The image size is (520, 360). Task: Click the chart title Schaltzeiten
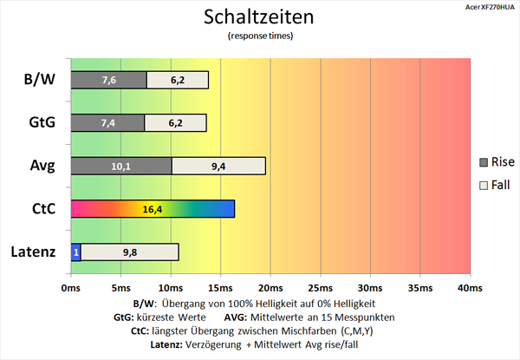pyautogui.click(x=259, y=17)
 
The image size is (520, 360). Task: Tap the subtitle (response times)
pyautogui.click(x=260, y=36)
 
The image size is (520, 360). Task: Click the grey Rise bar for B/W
pyautogui.click(x=108, y=80)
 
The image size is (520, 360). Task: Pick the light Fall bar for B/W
pyautogui.click(x=178, y=80)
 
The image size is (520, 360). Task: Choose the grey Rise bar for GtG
pyautogui.click(x=107, y=122)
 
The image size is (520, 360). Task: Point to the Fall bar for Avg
pyautogui.click(x=218, y=166)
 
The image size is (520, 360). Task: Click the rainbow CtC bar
pyautogui.click(x=153, y=209)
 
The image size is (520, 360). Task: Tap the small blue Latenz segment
pyautogui.click(x=75, y=252)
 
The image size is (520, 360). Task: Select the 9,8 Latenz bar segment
pyautogui.click(x=130, y=252)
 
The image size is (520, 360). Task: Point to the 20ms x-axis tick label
pyautogui.click(x=270, y=287)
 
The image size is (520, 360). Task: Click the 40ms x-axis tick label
pyautogui.click(x=469, y=287)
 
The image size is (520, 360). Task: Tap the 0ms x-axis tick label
pyautogui.click(x=71, y=287)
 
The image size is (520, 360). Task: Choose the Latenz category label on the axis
pyautogui.click(x=35, y=252)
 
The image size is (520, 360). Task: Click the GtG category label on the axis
pyautogui.click(x=41, y=122)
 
